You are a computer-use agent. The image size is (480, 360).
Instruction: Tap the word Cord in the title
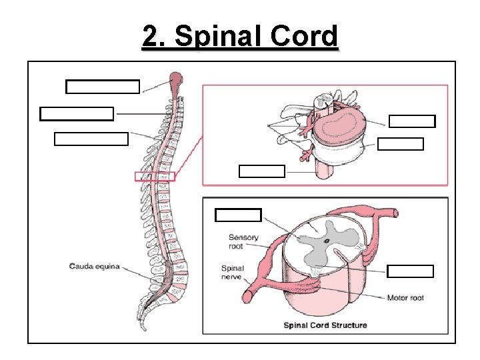(307, 37)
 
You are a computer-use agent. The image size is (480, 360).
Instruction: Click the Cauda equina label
(95, 266)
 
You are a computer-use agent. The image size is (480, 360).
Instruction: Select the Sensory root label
(243, 241)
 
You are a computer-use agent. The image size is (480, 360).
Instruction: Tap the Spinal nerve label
(233, 273)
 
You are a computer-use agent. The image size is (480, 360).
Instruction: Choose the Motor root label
(405, 298)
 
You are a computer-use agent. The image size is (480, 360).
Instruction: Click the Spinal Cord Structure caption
(325, 325)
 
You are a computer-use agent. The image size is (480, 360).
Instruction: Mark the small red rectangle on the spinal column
(155, 176)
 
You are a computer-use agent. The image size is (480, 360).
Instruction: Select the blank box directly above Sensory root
(238, 215)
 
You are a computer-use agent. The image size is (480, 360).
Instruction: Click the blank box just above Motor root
(411, 271)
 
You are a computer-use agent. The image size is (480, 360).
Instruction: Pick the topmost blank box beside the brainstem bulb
(103, 87)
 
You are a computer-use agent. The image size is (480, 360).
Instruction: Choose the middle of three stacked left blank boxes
(77, 113)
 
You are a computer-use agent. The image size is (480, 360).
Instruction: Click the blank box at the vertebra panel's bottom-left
(261, 171)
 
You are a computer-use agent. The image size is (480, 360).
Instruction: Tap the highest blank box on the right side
(412, 121)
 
